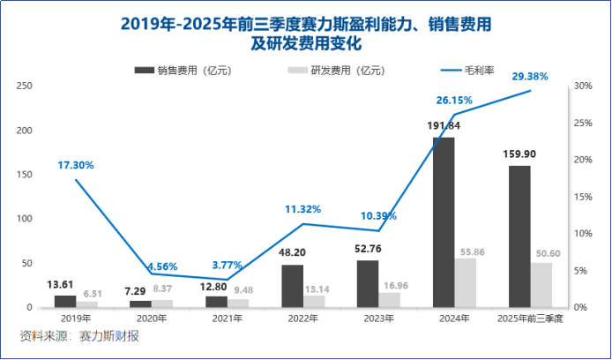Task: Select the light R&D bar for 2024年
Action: pyautogui.click(x=466, y=282)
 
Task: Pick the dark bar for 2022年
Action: pyautogui.click(x=292, y=286)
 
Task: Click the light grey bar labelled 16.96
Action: pyautogui.click(x=390, y=300)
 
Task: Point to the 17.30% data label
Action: pyautogui.click(x=76, y=165)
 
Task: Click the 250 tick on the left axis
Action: pyautogui.click(x=26, y=86)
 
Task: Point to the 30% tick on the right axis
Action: pyautogui.click(x=581, y=86)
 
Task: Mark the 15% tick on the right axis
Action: pyautogui.click(x=581, y=197)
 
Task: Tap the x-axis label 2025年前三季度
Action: pyautogui.click(x=531, y=317)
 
